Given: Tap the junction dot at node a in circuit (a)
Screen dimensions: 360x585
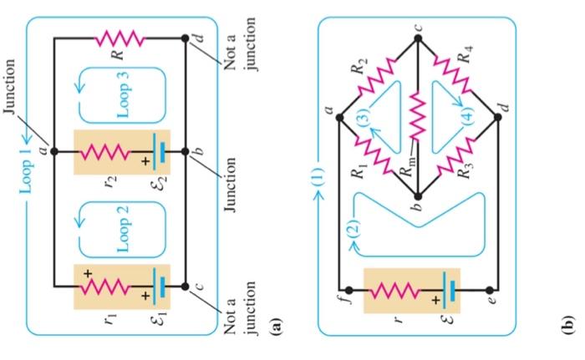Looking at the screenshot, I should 53,152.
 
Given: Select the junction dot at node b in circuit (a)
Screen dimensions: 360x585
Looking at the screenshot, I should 185,152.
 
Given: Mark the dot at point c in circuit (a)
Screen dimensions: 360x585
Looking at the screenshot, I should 185,286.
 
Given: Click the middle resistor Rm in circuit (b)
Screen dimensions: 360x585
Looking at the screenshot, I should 417,117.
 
